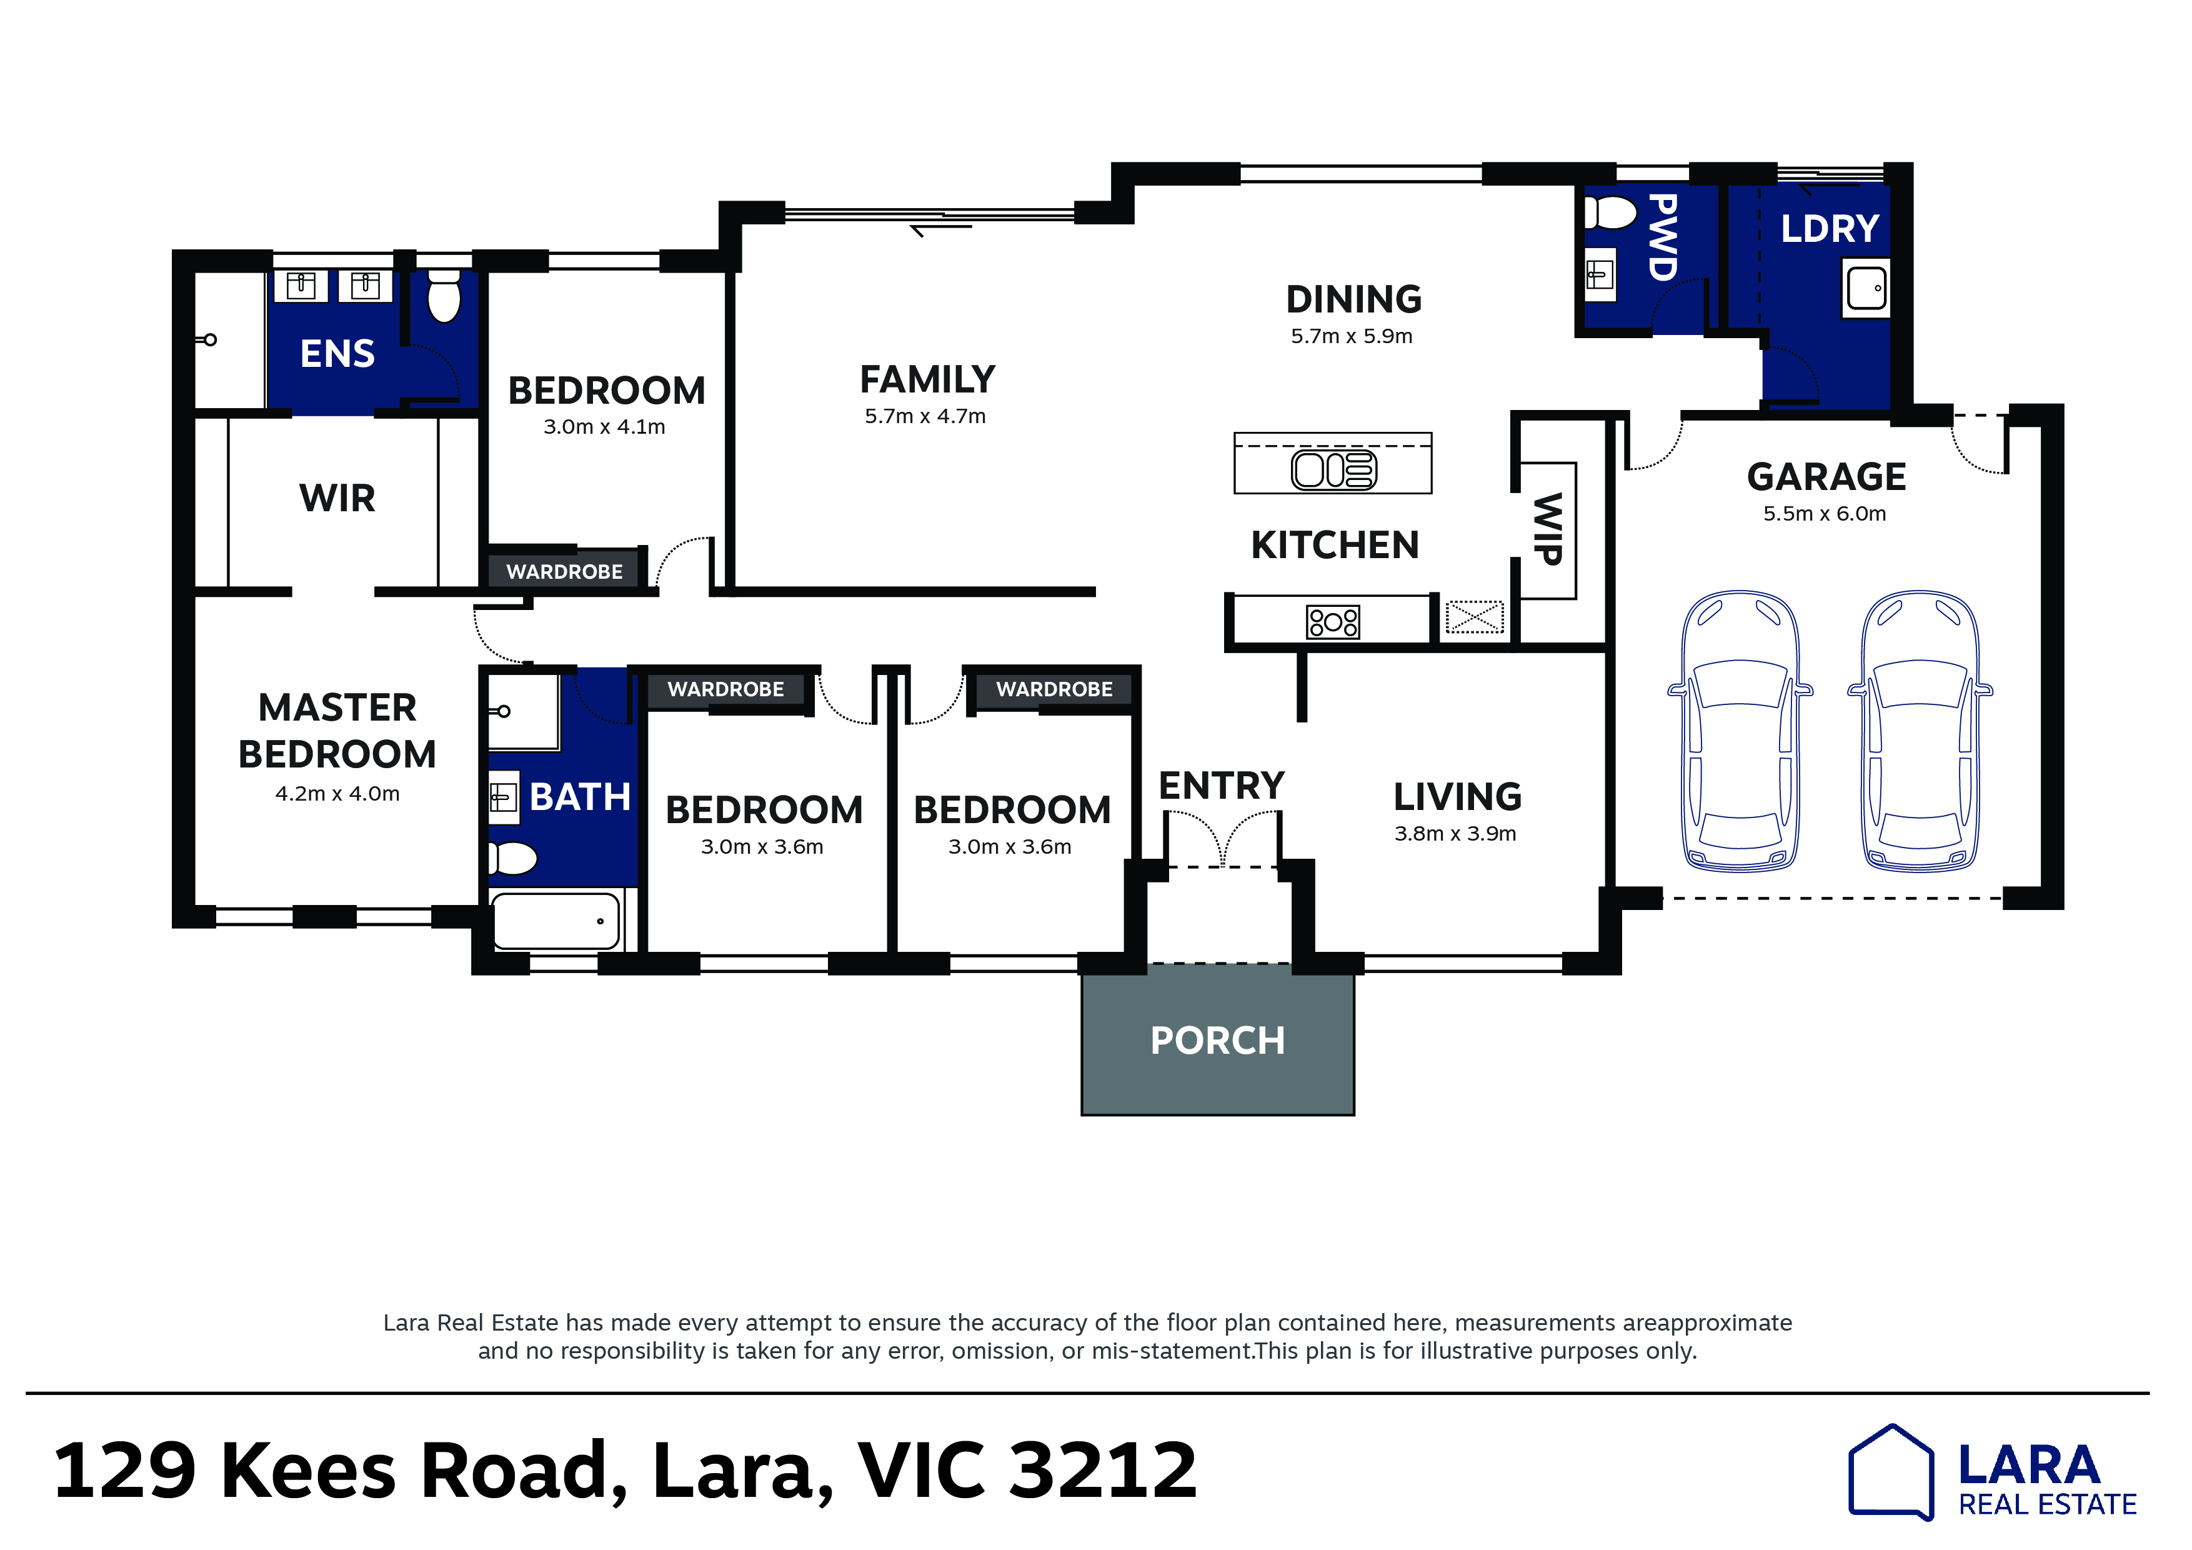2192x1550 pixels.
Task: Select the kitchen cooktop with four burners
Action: [1333, 622]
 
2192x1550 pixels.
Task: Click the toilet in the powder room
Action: [1611, 213]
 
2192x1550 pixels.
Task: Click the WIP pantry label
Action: [1548, 529]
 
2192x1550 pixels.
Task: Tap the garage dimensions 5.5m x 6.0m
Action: [1825, 514]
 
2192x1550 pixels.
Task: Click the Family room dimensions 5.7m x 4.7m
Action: [925, 416]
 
